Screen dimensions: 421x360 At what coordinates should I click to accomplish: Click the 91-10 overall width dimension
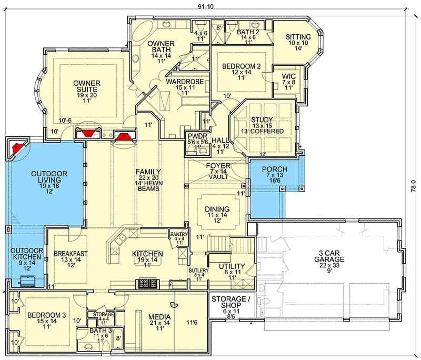click(x=205, y=7)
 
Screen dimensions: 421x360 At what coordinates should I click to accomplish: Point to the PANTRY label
click(x=179, y=234)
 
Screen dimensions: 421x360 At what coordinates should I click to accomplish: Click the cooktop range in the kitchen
click(x=147, y=283)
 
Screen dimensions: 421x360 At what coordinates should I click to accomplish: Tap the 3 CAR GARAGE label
click(x=329, y=256)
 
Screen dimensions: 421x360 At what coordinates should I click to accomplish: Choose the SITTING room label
click(x=298, y=37)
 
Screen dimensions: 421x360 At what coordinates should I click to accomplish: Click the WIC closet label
click(x=288, y=76)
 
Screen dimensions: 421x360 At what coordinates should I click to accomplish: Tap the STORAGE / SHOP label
click(x=228, y=302)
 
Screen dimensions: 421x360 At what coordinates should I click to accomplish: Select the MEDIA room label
click(x=159, y=317)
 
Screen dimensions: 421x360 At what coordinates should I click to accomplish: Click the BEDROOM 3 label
click(x=47, y=315)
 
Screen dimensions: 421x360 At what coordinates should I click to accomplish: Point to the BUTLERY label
click(x=198, y=271)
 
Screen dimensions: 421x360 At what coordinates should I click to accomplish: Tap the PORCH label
click(x=275, y=169)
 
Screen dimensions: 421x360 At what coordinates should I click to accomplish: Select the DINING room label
click(x=217, y=209)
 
